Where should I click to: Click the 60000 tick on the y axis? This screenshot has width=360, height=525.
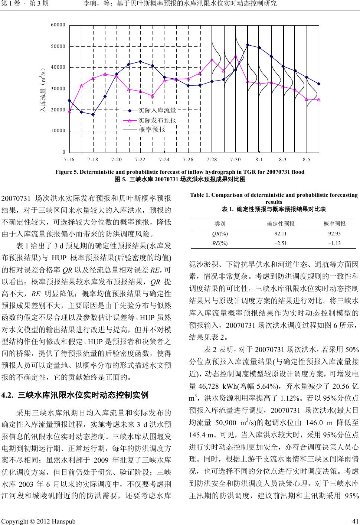point(58,25)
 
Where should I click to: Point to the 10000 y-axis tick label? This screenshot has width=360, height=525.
point(58,131)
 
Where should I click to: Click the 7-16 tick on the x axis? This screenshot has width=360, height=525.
point(69,159)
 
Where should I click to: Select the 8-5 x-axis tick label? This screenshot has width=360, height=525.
point(307,159)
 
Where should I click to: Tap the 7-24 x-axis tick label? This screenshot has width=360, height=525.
point(164,159)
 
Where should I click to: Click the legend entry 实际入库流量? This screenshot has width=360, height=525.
point(157,110)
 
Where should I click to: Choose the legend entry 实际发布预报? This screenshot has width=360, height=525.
point(157,120)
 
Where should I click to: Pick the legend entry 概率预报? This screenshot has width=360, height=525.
point(151,130)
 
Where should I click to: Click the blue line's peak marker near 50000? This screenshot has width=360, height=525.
point(248,45)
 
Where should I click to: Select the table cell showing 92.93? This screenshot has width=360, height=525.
point(334,234)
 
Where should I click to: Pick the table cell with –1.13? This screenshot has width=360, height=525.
point(334,244)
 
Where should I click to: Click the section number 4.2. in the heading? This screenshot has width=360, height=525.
point(8,260)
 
